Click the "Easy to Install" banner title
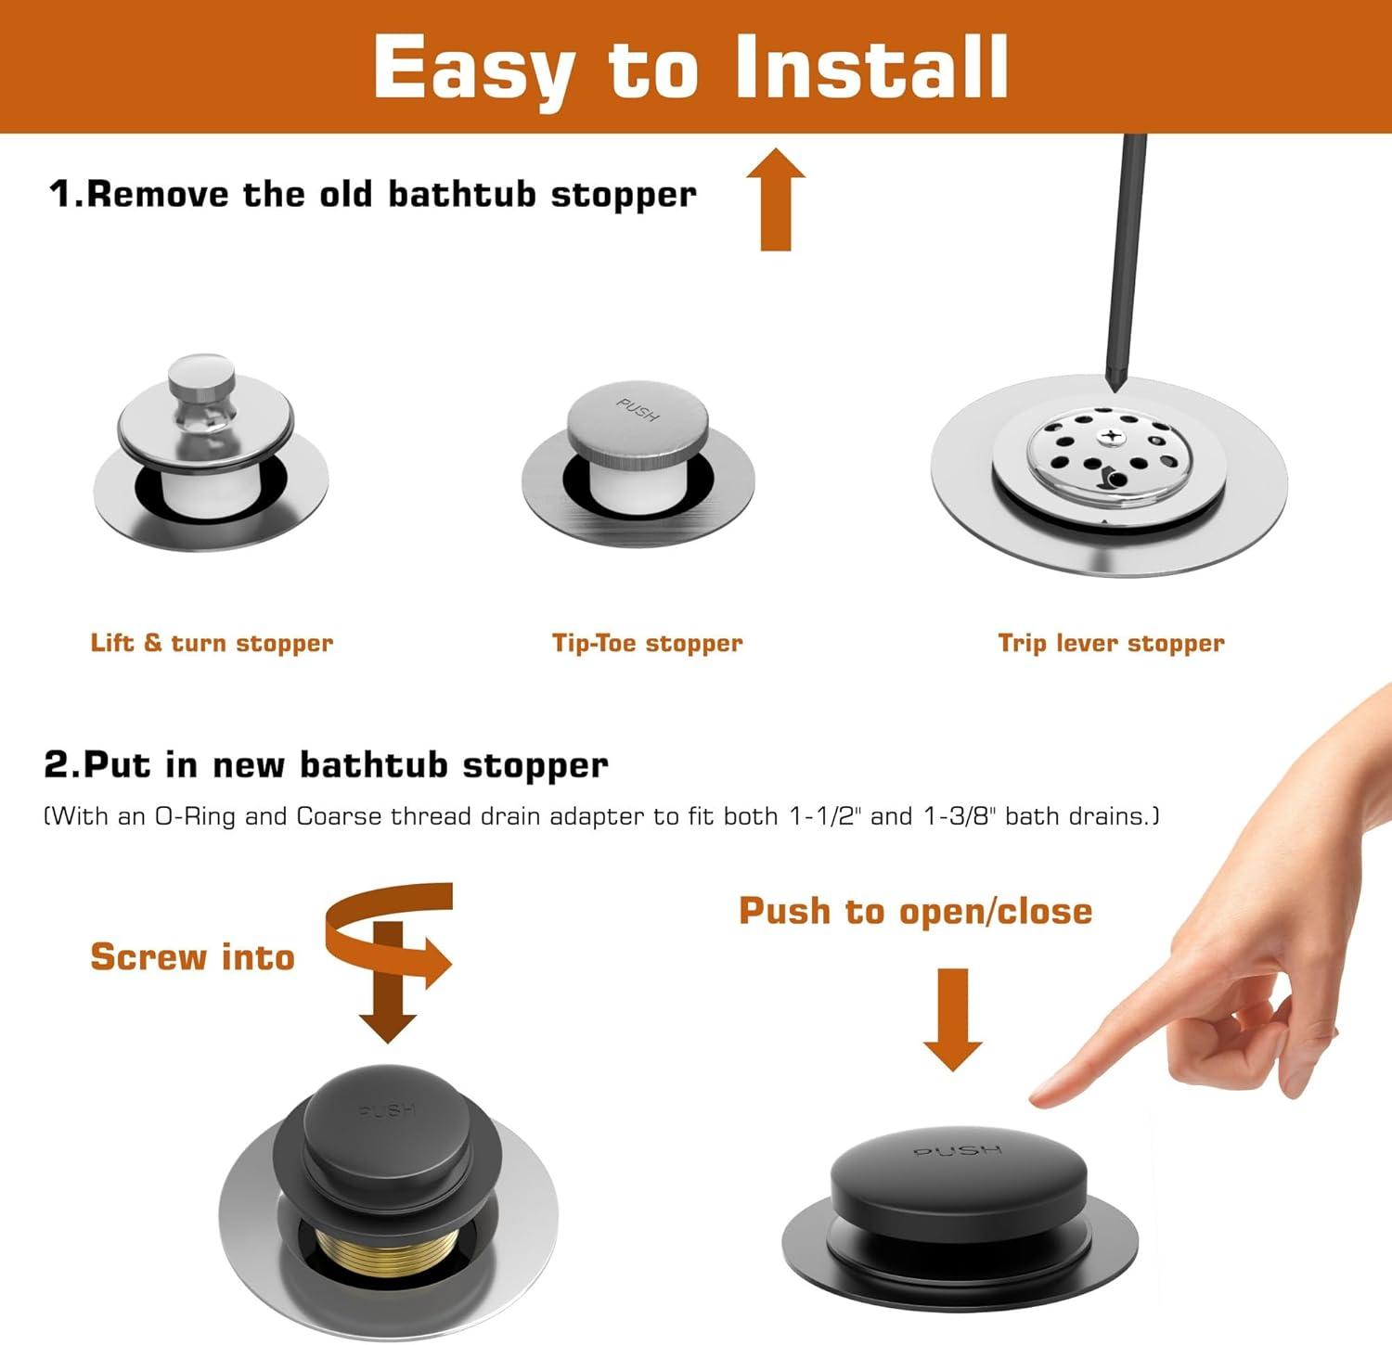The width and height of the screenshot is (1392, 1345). click(x=691, y=67)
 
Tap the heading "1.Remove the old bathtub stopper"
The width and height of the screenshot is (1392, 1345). click(x=373, y=194)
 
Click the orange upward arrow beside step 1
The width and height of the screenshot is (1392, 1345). click(x=776, y=199)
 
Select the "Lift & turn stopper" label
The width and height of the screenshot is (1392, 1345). click(x=212, y=643)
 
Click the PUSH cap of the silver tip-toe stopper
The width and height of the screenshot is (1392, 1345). click(x=638, y=419)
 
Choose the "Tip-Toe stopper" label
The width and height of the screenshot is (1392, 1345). click(x=648, y=643)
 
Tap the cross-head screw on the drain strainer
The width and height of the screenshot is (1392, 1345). click(x=1110, y=435)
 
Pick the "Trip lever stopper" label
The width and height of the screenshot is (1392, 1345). click(x=1112, y=643)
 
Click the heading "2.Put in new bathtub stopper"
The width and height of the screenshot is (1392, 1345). click(x=326, y=765)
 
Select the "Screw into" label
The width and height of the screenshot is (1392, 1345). click(x=192, y=956)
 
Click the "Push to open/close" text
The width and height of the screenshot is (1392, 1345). click(x=916, y=911)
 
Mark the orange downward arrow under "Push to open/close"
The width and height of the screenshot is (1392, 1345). click(x=953, y=1019)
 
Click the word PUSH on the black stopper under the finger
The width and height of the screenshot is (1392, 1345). click(x=959, y=1151)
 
